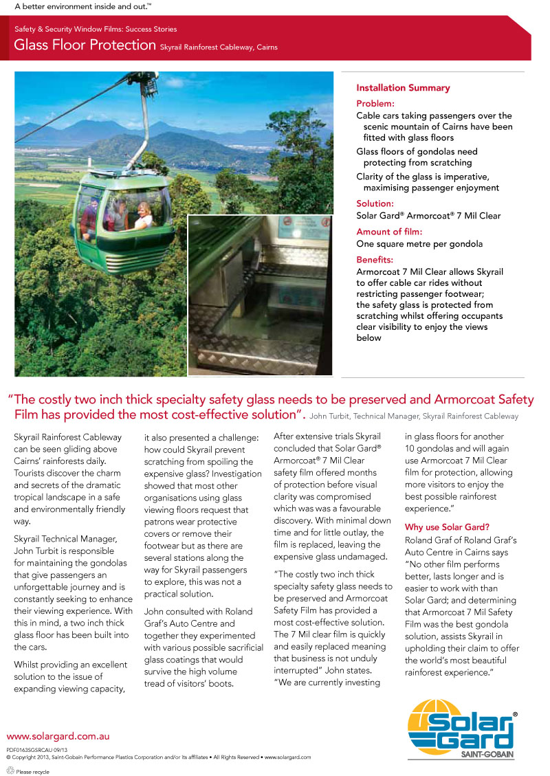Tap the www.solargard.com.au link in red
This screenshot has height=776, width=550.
(58, 736)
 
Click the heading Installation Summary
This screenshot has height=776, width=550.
(403, 88)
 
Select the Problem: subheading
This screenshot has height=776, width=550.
(375, 103)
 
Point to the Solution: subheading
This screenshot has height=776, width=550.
(375, 203)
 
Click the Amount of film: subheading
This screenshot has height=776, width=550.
(389, 232)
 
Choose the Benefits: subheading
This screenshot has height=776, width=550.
(375, 260)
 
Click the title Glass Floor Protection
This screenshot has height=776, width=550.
(85, 45)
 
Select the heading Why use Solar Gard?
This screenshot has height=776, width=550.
(447, 527)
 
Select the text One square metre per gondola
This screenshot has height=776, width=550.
(419, 244)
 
